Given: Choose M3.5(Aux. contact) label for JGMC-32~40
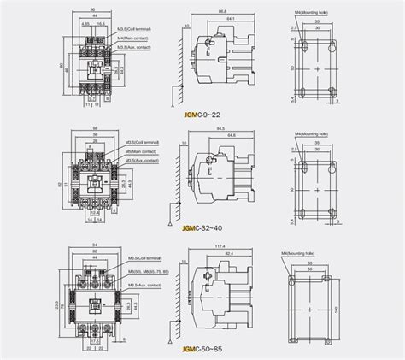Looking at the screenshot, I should click(x=141, y=161).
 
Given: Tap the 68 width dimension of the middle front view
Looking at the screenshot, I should click(x=96, y=130).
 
